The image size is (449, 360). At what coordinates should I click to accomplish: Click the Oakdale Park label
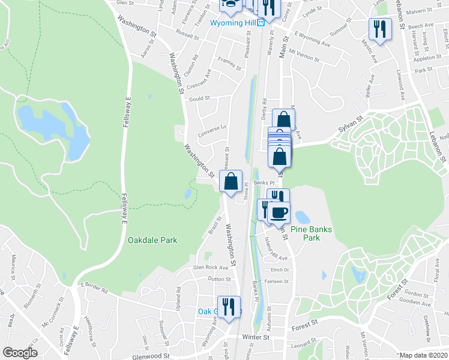click(152, 240)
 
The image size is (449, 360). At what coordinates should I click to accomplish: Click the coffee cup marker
click(278, 212)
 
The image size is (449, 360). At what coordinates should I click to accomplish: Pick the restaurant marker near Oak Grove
click(228, 306)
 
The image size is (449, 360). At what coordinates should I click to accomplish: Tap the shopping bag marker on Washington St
click(231, 181)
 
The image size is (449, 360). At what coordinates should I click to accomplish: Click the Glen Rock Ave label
click(211, 267)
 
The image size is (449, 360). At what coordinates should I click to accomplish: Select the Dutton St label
click(219, 279)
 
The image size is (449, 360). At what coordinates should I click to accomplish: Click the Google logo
click(20, 353)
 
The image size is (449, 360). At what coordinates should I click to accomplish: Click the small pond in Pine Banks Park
click(302, 216)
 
